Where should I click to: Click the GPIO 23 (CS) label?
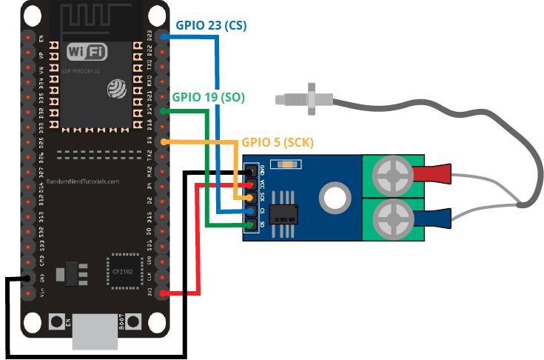[211, 25]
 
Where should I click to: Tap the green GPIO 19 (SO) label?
[208, 97]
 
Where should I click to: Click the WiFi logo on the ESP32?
[87, 52]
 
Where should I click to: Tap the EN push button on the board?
[56, 322]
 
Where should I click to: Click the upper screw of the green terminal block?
[392, 176]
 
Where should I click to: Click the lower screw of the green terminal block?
[392, 219]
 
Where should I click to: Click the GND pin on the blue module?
[253, 171]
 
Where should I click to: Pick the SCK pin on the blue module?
[253, 198]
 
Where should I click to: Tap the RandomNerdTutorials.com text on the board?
[82, 180]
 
